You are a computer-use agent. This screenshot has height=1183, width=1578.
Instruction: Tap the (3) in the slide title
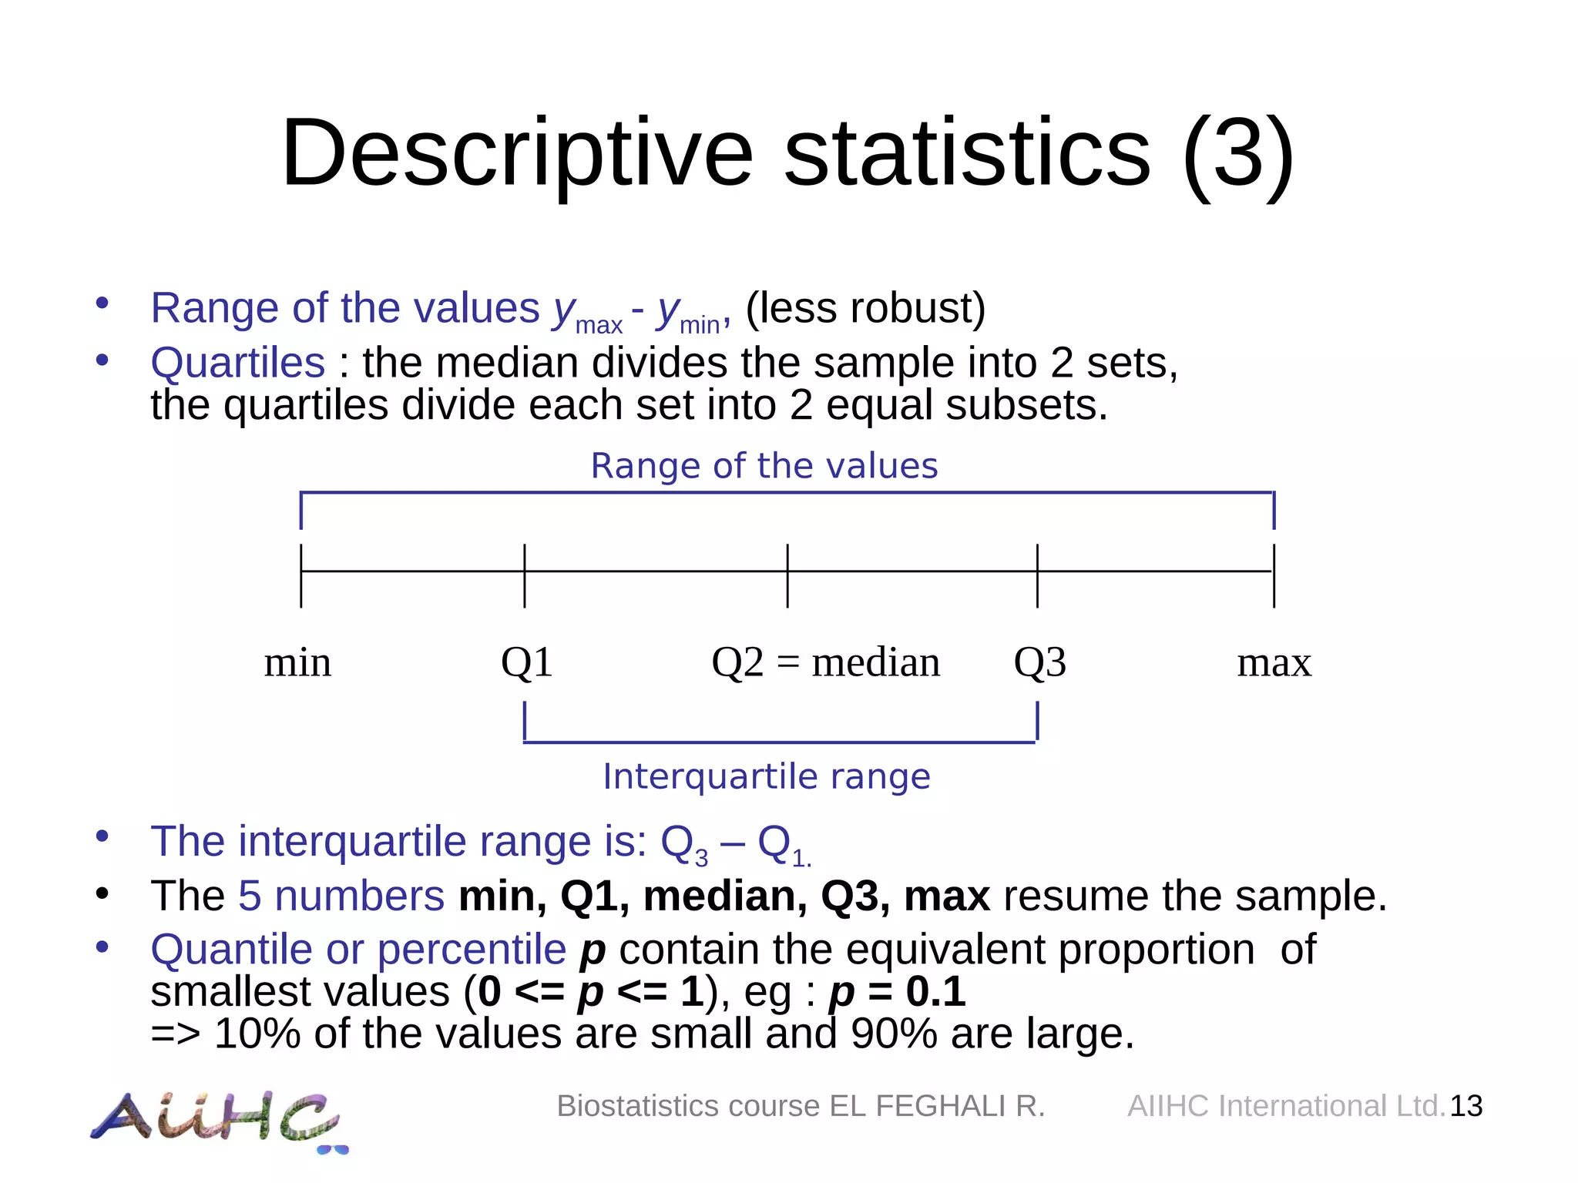[x=1237, y=154]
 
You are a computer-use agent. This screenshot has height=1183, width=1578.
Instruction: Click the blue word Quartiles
[x=238, y=363]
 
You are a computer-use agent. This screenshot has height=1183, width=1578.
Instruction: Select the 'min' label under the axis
[x=297, y=662]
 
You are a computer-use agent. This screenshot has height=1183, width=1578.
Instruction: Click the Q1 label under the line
[x=527, y=662]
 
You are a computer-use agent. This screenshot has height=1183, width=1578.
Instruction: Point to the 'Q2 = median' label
[x=825, y=662]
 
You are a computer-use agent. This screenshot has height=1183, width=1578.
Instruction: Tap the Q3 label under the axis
[x=1039, y=662]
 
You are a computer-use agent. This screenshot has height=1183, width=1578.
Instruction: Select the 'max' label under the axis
[x=1274, y=662]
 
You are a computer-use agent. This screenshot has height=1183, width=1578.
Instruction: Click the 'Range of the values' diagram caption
[x=764, y=466]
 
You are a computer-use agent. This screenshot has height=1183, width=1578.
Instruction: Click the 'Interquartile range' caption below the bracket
[x=767, y=776]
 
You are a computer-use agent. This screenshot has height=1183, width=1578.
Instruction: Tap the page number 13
[x=1466, y=1106]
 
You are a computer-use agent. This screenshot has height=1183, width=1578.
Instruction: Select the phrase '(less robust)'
[x=865, y=309]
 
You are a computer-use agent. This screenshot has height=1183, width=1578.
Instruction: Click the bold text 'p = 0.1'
[x=897, y=992]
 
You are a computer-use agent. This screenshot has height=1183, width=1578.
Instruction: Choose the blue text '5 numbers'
[x=341, y=896]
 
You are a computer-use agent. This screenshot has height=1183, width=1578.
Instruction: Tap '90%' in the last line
[x=894, y=1034]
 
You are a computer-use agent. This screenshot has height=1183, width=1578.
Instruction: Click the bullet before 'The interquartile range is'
[x=102, y=836]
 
